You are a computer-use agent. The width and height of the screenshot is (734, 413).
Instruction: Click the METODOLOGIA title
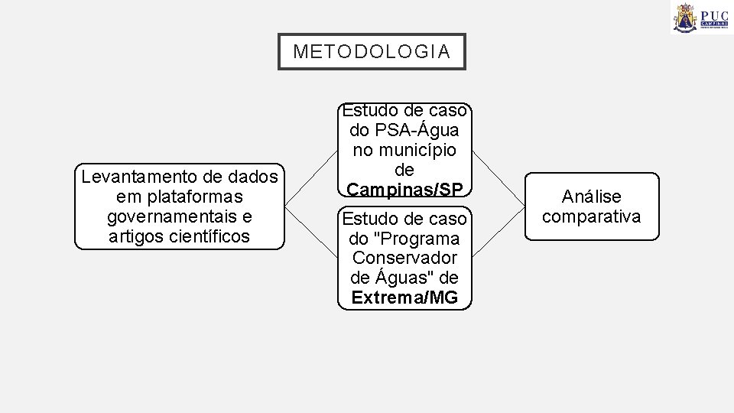(371, 52)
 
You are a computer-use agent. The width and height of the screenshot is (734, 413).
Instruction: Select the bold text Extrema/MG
(404, 298)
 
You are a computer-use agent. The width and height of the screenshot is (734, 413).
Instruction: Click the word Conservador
(404, 258)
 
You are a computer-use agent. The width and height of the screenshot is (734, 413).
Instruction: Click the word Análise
(590, 197)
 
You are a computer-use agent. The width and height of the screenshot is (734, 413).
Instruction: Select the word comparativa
(590, 216)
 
